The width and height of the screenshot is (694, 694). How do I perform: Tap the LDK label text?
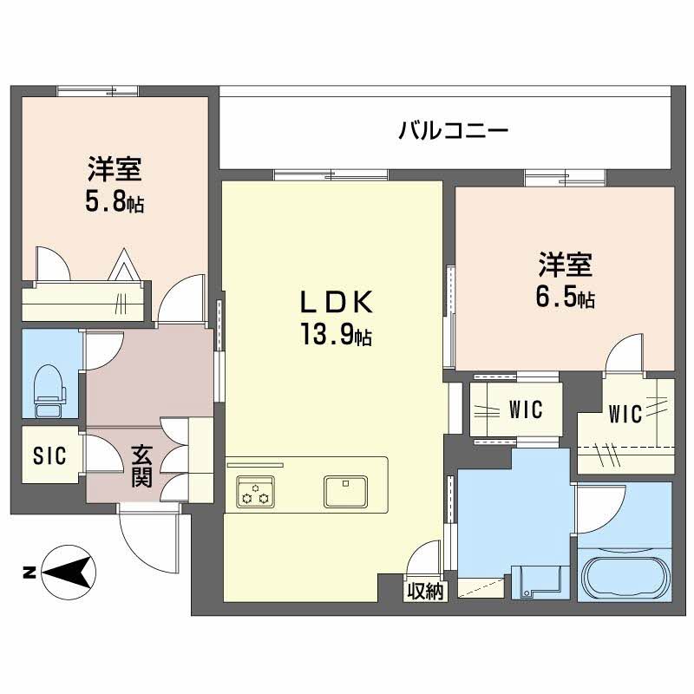[x=337, y=303]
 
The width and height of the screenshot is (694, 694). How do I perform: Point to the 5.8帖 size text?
[x=115, y=203]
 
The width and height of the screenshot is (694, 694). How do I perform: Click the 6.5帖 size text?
[x=565, y=298]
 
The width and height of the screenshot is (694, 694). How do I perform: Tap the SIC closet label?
[x=49, y=456]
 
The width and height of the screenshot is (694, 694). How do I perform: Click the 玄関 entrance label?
[x=142, y=466]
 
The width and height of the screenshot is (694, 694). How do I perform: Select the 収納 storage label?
[x=425, y=593]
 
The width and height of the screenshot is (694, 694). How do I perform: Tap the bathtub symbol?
[x=624, y=578]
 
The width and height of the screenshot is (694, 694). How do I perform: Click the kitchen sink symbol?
[x=347, y=491]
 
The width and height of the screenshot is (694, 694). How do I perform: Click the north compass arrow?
[x=69, y=572]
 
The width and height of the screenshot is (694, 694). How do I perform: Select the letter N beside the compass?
[x=27, y=572]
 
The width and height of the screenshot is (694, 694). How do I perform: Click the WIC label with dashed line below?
[x=625, y=415]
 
